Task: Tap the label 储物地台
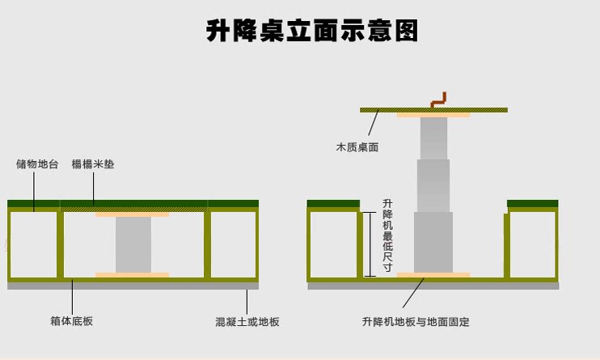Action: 37,164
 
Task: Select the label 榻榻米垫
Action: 93,164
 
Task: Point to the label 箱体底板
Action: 72,321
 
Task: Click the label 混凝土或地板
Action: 247,322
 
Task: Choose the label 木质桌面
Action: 357,147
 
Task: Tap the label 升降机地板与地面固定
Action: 416,322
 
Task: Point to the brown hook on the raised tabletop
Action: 438,100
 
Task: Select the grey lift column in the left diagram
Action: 133,244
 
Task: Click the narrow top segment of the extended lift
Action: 433,138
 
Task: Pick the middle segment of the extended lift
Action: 433,185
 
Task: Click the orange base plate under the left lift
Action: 132,275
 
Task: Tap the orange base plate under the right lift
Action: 433,275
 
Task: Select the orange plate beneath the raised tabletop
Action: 433,115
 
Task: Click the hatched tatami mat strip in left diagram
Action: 133,210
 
